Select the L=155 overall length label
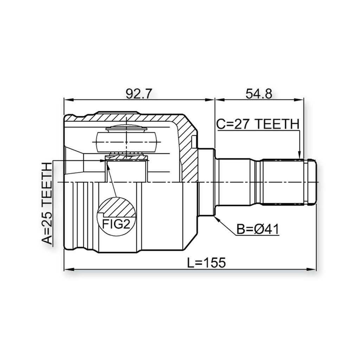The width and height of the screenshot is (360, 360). coord(206,263)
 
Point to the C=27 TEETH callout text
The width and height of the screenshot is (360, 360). coord(258,124)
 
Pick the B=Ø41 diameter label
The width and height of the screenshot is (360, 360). coord(258,229)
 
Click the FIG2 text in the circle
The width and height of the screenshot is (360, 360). coord(116,224)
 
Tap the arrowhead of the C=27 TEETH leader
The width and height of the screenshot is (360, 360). coord(299,155)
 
